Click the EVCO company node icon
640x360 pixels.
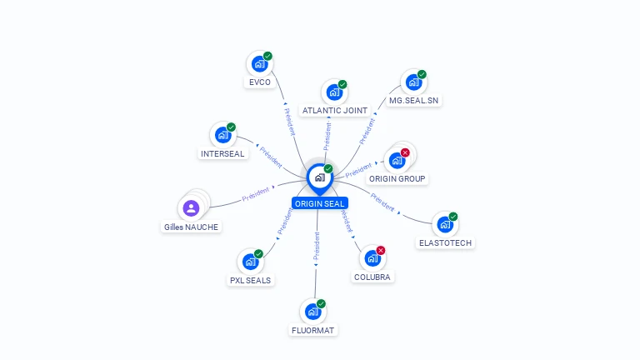pos(259,63)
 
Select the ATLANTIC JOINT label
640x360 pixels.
pos(335,110)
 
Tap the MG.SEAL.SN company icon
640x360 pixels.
pos(412,82)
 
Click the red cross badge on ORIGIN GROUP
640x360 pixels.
pos(405,152)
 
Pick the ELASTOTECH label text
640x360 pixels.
pos(445,242)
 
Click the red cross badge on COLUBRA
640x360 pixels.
pos(381,250)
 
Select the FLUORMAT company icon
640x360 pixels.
pos(312,312)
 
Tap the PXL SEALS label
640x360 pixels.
pos(251,280)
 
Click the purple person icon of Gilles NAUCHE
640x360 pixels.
pos(191,207)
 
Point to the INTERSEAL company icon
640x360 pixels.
pos(222,135)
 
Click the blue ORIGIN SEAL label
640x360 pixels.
pos(319,203)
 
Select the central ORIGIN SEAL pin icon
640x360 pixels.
pos(319,177)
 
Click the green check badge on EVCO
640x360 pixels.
pos(267,56)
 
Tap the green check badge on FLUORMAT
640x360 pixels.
pos(321,303)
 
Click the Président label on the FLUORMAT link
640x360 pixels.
pos(317,248)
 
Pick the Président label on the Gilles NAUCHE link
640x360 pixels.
pos(255,195)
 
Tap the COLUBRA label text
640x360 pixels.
pos(372,277)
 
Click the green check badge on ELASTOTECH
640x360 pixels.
pos(453,217)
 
